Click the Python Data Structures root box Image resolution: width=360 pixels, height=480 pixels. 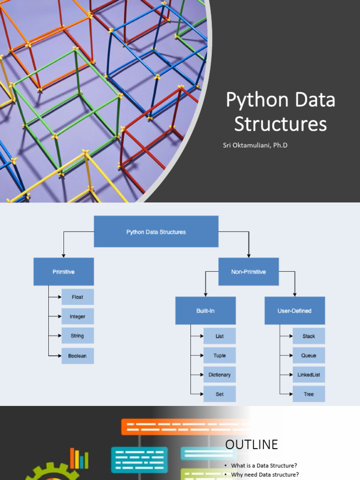tap(156, 232)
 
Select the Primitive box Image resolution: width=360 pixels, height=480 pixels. tap(64, 271)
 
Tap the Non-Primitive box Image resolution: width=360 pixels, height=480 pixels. tap(248, 271)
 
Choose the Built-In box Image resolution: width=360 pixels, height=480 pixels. tap(205, 310)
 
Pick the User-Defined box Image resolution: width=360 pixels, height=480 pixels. tap(295, 310)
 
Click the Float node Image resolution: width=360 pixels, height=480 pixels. tap(78, 297)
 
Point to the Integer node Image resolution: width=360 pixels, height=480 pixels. tap(78, 316)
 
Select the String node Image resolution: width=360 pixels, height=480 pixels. tap(78, 336)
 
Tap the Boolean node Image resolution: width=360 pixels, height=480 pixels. tap(78, 356)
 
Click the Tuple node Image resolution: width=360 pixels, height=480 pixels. tap(220, 355)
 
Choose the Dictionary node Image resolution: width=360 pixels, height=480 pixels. tap(220, 375)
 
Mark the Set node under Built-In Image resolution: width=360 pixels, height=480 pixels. tap(220, 394)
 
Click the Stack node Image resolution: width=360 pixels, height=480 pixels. tap(309, 336)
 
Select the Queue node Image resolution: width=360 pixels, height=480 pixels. tap(309, 355)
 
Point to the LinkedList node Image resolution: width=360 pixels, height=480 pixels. tap(309, 375)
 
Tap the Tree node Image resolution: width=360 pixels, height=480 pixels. tap(309, 394)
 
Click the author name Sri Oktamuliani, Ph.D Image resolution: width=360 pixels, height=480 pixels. tap(255, 145)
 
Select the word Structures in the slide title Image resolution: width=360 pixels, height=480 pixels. tap(280, 124)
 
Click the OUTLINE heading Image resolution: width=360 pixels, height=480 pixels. tap(252, 444)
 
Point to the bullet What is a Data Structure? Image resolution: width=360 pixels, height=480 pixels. tap(264, 465)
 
